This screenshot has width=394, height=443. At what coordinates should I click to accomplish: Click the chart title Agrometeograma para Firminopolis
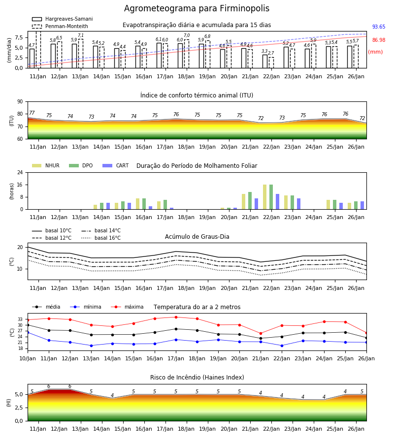197,8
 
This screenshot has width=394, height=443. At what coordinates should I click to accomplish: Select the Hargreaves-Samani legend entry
63,19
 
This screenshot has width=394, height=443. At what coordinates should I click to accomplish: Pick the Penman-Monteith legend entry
60,26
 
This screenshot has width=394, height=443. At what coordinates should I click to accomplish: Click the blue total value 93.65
379,27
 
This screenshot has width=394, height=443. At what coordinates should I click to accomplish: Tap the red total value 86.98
379,40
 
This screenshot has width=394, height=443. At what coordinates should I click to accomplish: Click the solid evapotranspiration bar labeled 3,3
265,62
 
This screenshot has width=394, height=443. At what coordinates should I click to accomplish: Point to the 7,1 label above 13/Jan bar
81,35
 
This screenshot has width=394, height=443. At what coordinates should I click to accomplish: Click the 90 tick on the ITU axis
20,102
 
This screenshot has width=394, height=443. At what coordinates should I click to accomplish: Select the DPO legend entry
81,165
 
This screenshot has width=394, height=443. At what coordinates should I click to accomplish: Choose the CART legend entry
116,165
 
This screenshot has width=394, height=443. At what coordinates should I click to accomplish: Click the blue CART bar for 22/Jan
278,202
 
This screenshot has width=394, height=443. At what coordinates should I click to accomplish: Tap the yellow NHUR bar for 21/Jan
244,202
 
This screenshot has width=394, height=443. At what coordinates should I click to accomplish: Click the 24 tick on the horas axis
20,172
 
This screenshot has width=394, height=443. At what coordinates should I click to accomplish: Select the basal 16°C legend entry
101,238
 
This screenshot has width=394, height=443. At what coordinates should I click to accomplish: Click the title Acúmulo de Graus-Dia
197,237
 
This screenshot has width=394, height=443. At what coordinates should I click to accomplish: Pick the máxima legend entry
128,307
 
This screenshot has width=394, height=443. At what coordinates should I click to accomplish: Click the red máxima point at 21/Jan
261,334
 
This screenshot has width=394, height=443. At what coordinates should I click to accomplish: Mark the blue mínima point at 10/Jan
28,333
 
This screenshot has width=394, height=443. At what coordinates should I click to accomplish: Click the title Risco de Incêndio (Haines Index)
197,378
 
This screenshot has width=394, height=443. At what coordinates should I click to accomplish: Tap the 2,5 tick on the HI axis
19,408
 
